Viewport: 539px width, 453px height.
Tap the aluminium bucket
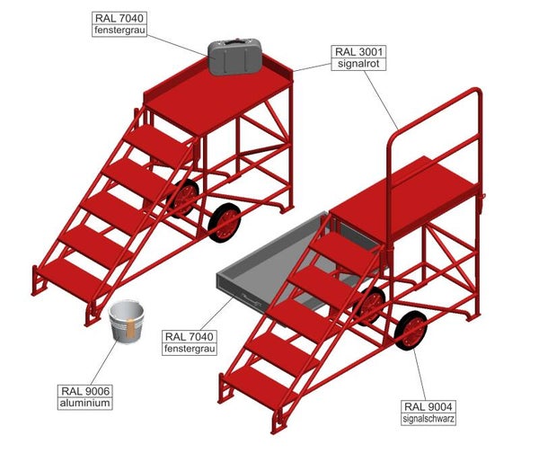[127, 324]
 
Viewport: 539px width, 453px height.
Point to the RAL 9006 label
[86, 391]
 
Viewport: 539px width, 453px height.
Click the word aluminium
[86, 404]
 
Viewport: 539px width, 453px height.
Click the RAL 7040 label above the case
[121, 18]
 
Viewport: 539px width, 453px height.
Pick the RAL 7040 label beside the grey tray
[190, 337]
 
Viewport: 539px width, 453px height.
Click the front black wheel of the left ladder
[224, 221]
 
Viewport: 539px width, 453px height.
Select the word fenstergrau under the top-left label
[121, 31]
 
